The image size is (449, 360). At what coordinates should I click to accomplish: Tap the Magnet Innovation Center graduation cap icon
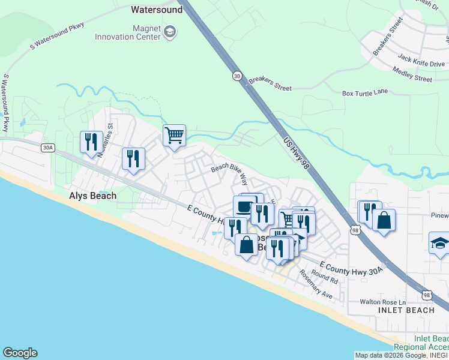(170, 32)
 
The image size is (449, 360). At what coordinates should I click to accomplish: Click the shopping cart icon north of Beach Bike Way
(174, 135)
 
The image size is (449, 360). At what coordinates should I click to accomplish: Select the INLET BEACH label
(406, 310)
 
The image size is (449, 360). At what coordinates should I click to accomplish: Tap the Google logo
(20, 353)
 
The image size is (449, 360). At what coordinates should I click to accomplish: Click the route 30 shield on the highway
(237, 76)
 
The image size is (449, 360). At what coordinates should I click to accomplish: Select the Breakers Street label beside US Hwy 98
(270, 83)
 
